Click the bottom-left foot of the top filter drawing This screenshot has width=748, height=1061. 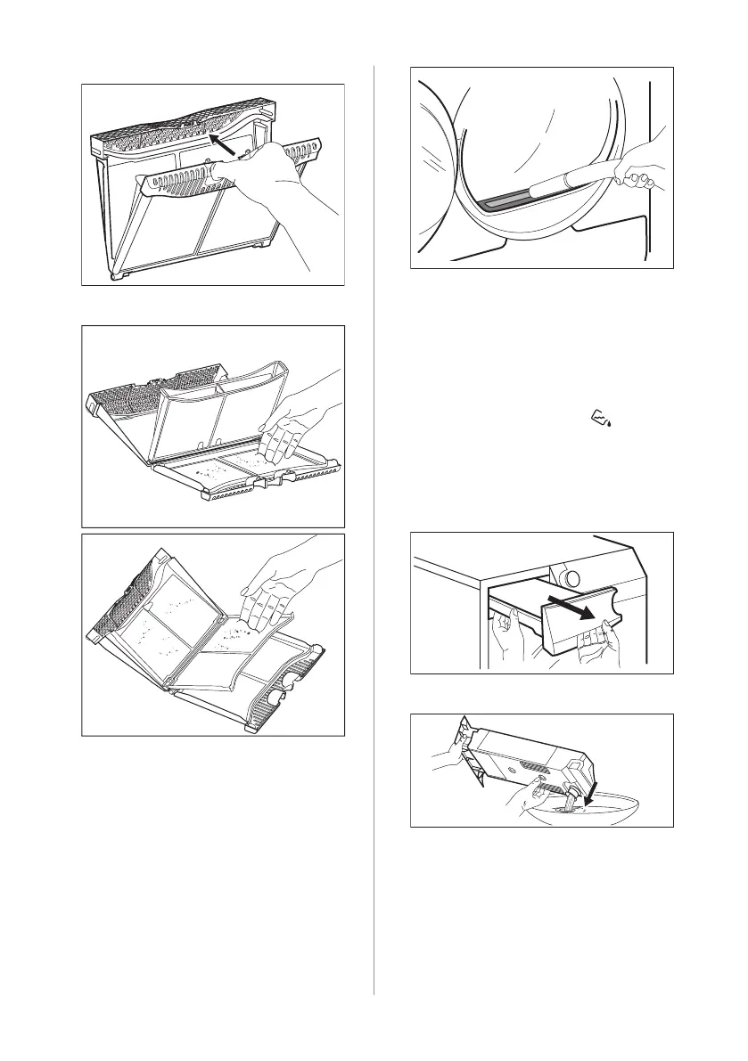point(114,277)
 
